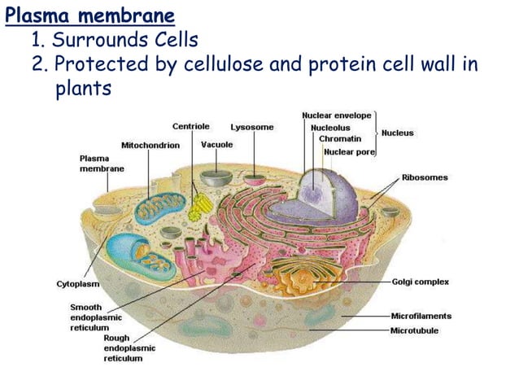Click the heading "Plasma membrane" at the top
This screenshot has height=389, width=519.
[89, 15]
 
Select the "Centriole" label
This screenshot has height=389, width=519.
[190, 127]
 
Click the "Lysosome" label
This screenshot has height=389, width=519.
[252, 127]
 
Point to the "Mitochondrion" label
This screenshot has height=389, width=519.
[150, 145]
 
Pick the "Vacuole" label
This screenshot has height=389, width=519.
[216, 144]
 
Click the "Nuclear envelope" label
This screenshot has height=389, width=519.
[336, 116]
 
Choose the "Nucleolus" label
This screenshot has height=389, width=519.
[330, 128]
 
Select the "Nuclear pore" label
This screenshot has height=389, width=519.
[348, 151]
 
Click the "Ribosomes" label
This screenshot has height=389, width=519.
[424, 177]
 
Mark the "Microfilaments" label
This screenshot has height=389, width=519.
[421, 317]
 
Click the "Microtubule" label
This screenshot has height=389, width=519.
[415, 330]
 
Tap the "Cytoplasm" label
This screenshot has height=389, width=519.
[78, 284]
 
